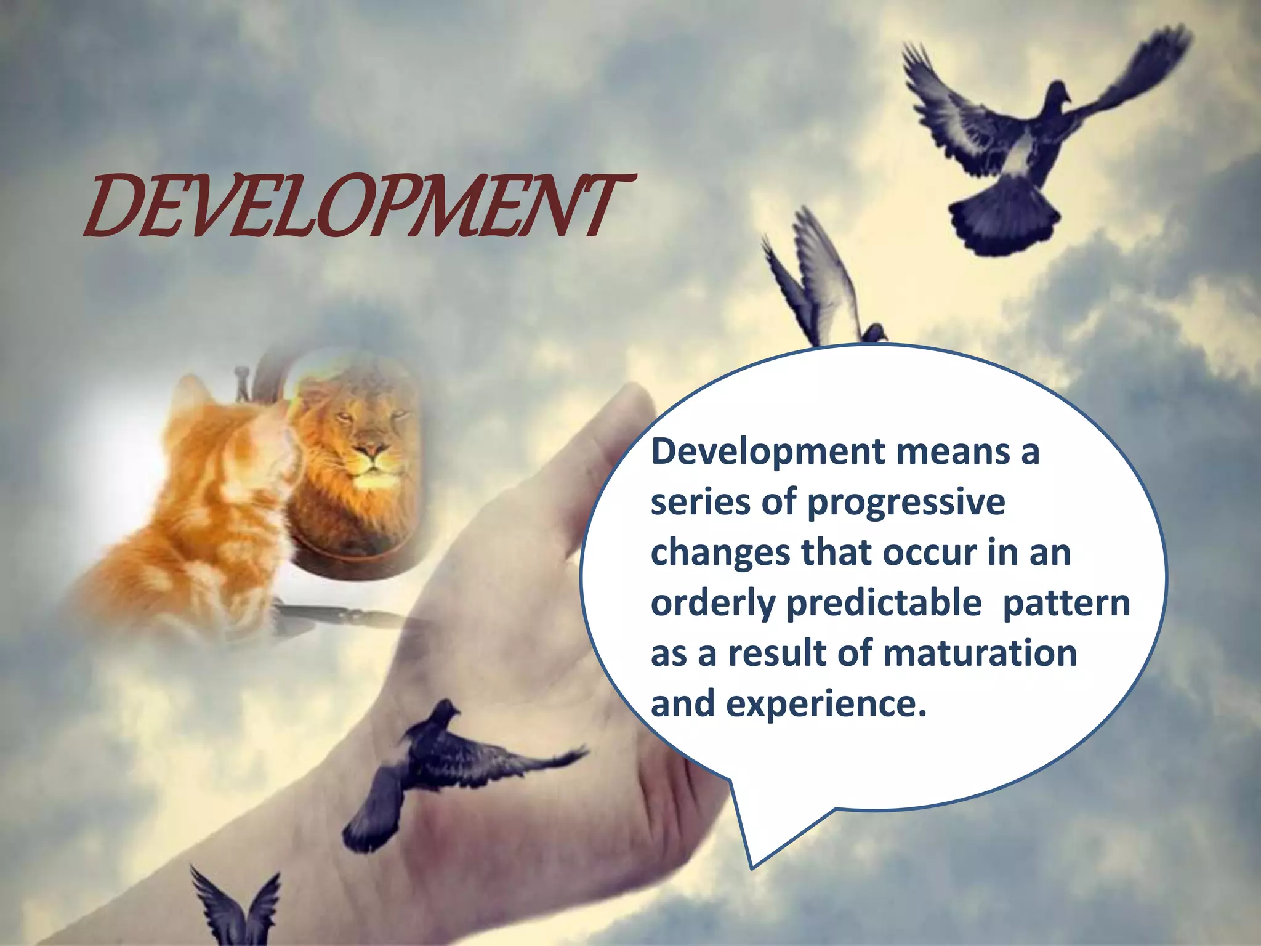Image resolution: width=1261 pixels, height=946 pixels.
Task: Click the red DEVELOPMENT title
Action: (357, 206)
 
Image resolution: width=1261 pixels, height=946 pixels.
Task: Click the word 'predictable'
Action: (884, 604)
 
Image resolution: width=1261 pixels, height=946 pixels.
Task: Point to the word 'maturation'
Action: (980, 653)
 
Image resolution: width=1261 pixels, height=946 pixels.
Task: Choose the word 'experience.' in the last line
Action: (826, 704)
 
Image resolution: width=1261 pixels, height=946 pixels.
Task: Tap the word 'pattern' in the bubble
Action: (1066, 604)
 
